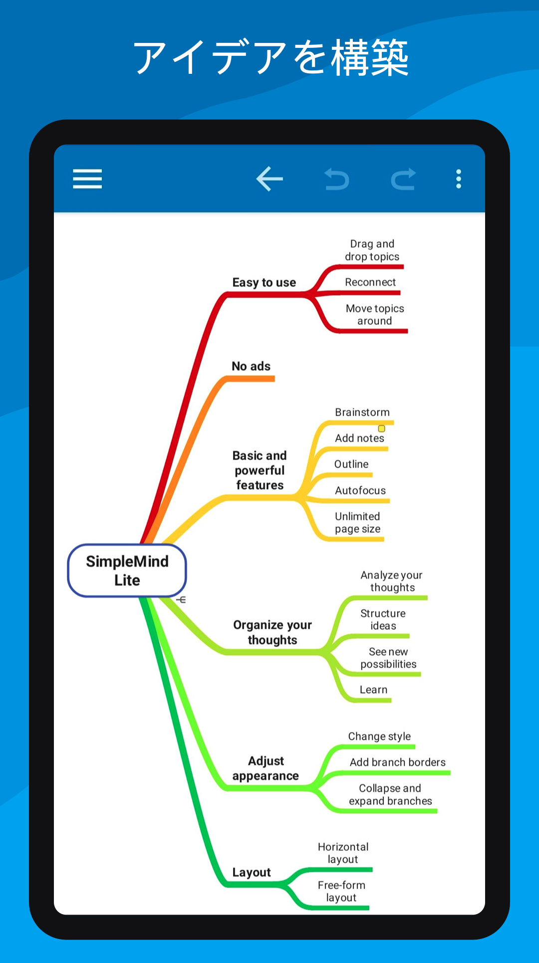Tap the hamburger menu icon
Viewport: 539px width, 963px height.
click(x=87, y=179)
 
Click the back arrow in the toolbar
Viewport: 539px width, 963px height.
click(x=269, y=179)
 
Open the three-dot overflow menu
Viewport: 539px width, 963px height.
click(x=459, y=179)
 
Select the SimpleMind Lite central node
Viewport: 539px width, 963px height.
click(x=127, y=570)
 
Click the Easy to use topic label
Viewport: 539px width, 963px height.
click(x=264, y=282)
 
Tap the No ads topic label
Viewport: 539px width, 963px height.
click(x=251, y=366)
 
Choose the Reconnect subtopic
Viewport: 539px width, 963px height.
click(x=370, y=282)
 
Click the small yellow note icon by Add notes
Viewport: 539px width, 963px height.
click(x=382, y=429)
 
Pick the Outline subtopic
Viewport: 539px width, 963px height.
click(x=351, y=464)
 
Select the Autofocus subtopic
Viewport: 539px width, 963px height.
click(x=360, y=490)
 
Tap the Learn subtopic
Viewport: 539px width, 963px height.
click(x=373, y=690)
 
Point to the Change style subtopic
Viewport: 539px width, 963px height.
click(x=379, y=736)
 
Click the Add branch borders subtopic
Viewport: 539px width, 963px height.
click(x=398, y=762)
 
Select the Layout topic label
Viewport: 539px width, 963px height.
click(x=252, y=872)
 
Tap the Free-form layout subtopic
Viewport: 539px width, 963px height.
click(x=341, y=891)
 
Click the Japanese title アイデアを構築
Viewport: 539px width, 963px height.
click(x=270, y=58)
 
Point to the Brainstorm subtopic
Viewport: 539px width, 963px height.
click(x=362, y=412)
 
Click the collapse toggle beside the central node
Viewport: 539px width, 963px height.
click(x=181, y=599)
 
